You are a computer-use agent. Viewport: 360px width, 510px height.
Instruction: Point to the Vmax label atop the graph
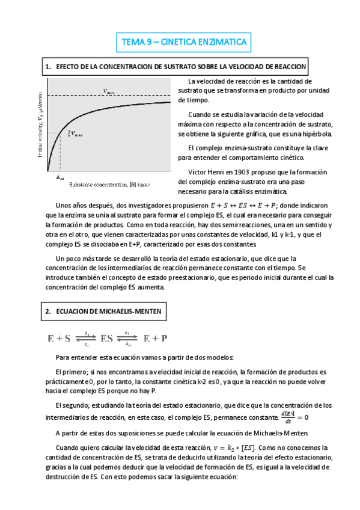tap(111, 91)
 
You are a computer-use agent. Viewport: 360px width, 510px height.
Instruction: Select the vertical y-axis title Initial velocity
tap(43, 126)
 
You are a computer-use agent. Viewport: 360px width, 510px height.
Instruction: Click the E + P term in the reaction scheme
tap(156, 338)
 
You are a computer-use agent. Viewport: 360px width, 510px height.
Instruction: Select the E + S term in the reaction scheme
tap(58, 338)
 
